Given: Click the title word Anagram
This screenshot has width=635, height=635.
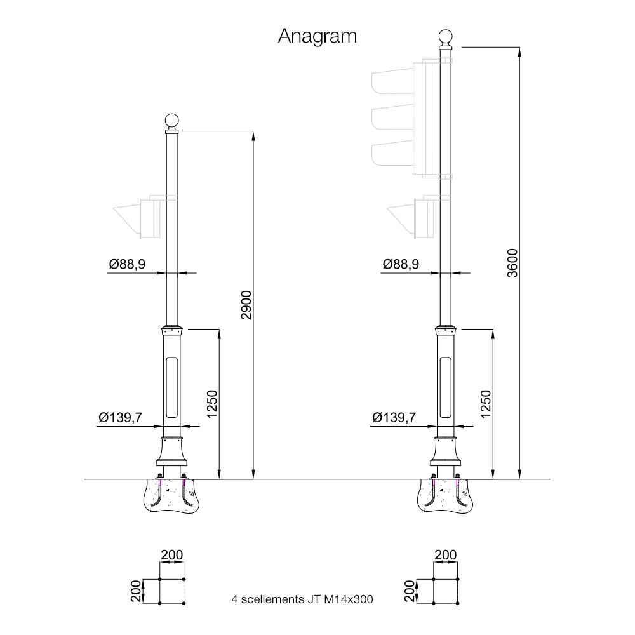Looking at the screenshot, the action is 317,37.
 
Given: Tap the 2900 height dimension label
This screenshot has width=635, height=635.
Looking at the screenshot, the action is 246,305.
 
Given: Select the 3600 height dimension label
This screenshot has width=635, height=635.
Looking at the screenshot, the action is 512,263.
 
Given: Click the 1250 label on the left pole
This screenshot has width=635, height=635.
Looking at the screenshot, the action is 212,404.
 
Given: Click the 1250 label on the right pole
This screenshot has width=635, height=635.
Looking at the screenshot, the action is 486,404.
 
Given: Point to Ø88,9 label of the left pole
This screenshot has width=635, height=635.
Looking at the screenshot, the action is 127,264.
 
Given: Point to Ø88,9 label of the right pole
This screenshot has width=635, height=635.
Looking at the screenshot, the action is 401,264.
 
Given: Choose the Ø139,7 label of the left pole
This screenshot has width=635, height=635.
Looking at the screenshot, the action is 120,417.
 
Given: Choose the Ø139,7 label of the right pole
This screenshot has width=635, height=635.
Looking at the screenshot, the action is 394,417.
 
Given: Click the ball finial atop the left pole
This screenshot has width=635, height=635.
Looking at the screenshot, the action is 171,120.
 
